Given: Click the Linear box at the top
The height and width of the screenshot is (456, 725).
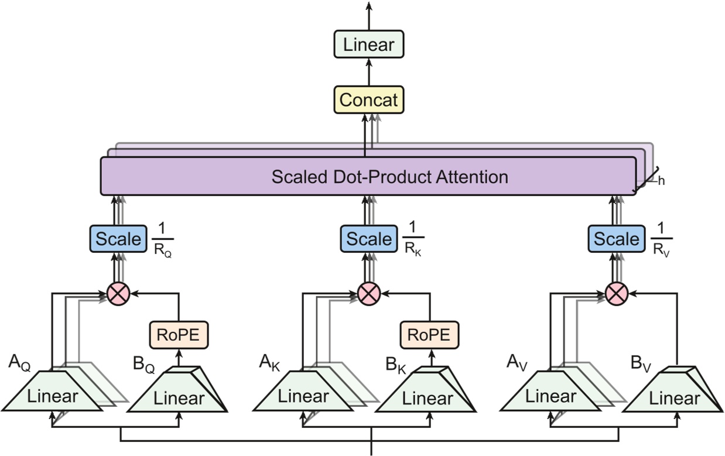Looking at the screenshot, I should tap(369, 44).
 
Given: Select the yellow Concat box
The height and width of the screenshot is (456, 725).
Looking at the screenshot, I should tap(369, 100).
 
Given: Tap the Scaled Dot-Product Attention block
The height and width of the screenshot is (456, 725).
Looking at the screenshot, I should tap(368, 176).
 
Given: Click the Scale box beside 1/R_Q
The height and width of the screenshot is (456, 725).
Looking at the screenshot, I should tap(118, 239).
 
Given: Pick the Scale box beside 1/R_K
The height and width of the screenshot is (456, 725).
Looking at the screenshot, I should tap(368, 239).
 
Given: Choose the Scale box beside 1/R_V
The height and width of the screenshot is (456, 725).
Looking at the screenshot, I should tap(615, 239).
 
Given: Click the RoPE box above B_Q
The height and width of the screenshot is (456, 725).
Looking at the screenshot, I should tap(179, 334).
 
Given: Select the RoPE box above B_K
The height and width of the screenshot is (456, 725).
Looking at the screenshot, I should tap(430, 334).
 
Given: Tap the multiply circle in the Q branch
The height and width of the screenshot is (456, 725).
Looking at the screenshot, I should tap(118, 294).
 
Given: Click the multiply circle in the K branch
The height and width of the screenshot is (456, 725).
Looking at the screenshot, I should tap(369, 294).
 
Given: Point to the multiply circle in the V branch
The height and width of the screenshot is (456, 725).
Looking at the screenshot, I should tap(615, 294).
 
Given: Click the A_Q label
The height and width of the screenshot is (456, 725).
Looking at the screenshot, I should tap(19, 363).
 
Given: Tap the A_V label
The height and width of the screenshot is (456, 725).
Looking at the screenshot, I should tap(518, 363).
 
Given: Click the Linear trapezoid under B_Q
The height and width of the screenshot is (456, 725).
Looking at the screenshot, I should tap(178, 397).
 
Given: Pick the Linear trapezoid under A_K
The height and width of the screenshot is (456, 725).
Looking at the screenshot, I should tap(303, 396).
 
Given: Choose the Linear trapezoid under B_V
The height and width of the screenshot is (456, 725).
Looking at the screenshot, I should tap(673, 397).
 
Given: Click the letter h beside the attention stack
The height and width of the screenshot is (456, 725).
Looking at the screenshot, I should tap(661, 181).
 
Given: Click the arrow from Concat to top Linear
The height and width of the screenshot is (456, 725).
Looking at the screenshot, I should tap(369, 72).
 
